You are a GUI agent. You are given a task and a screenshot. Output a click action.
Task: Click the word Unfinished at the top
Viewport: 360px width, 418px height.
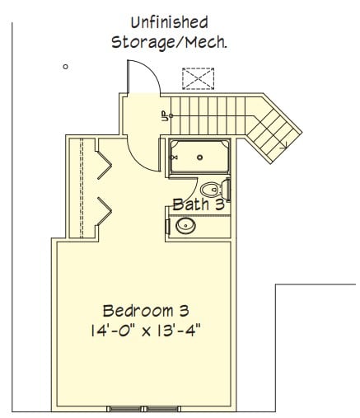tap(170, 22)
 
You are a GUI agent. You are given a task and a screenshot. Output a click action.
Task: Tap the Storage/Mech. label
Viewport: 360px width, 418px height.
tap(170, 43)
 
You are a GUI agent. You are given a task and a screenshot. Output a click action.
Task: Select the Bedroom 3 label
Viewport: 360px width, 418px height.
tap(146, 311)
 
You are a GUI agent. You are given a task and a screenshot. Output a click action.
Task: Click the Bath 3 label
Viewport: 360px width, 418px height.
tap(199, 204)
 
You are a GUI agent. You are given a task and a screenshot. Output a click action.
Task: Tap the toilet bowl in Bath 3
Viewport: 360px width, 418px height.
tap(211, 190)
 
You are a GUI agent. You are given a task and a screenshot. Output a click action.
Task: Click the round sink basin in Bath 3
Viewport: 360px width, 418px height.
tap(185, 225)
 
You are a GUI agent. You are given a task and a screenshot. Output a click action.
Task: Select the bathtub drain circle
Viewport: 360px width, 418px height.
tap(199, 157)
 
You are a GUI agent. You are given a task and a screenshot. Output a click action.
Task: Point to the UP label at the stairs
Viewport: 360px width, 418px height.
tap(164, 115)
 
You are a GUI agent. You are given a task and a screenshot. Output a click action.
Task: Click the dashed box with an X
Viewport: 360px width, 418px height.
tap(198, 78)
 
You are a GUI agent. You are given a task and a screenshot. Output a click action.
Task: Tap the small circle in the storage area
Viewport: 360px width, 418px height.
tap(65, 67)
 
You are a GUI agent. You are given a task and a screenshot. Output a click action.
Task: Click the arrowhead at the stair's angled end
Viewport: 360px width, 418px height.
tap(284, 146)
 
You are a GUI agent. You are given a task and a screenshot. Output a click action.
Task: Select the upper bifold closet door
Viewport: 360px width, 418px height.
tap(105, 165)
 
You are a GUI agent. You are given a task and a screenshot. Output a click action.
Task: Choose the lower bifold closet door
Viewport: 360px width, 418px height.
tap(105, 211)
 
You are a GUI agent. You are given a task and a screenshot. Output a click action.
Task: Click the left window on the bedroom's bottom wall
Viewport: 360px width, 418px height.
tap(125, 409)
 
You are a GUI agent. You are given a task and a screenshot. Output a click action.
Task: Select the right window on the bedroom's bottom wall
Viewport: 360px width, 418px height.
tap(163, 409)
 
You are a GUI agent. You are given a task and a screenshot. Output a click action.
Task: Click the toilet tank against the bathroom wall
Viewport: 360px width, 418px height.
tap(227, 190)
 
